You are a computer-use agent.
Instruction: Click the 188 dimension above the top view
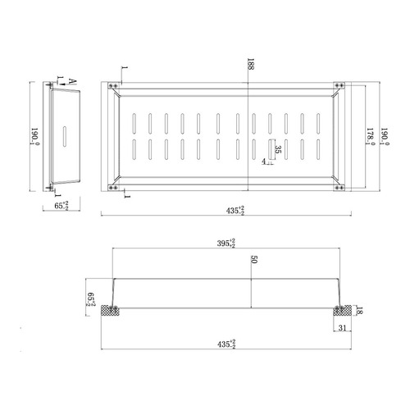[x=249, y=65]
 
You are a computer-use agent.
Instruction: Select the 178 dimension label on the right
[x=370, y=135]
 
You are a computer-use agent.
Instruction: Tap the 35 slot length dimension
[x=278, y=150]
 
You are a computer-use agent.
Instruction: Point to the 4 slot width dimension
[x=263, y=162]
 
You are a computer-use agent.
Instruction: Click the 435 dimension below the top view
[x=234, y=212]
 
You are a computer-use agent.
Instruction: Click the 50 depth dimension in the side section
[x=254, y=260]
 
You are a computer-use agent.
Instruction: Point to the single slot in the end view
[x=65, y=136]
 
